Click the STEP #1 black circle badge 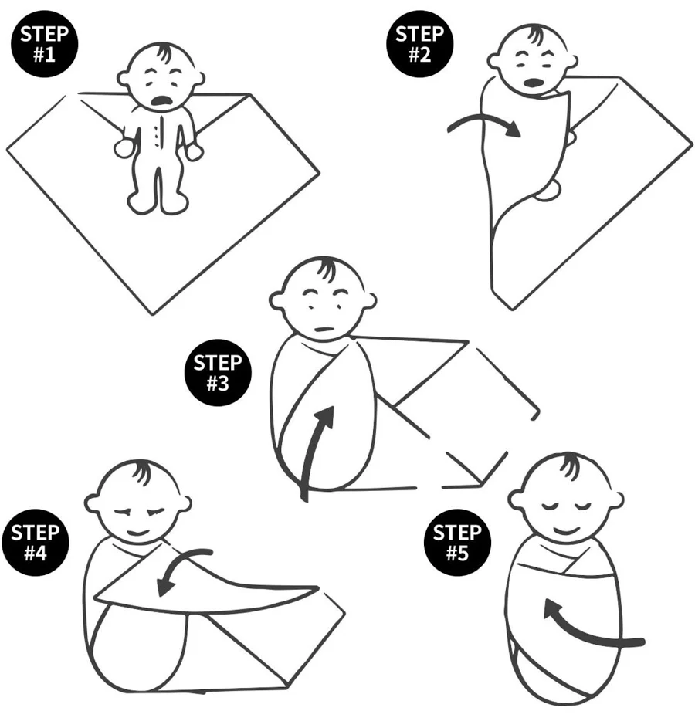(44, 44)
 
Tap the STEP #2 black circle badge (419, 44)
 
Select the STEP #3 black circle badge (218, 373)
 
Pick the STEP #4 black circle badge (36, 542)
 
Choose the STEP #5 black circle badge (457, 542)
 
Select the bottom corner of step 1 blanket (153, 314)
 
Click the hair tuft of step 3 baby (325, 269)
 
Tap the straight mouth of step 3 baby (324, 330)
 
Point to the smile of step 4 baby (137, 532)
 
